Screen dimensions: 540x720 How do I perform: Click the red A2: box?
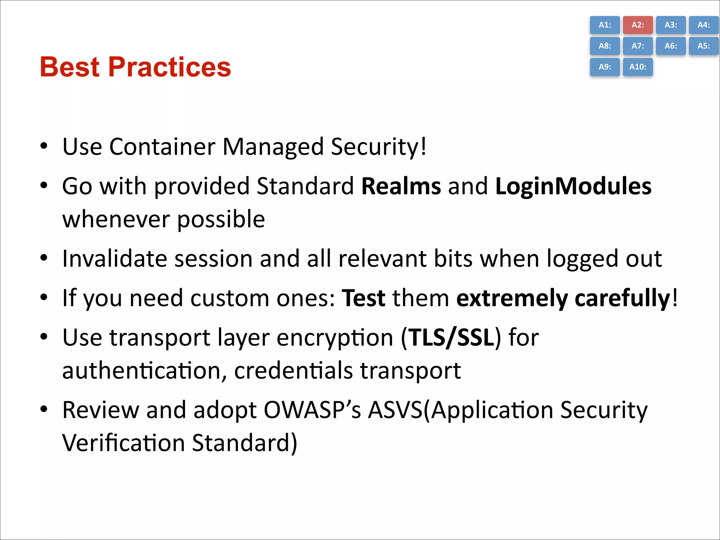[638, 25]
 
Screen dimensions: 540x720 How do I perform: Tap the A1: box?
[605, 25]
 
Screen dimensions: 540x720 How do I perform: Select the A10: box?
[638, 67]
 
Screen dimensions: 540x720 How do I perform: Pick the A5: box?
[703, 46]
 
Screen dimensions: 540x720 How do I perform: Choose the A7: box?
[638, 46]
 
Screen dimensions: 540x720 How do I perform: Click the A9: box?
[605, 67]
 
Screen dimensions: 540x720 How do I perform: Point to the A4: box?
[703, 25]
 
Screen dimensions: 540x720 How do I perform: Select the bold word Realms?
[401, 186]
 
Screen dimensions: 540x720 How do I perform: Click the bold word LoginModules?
[573, 186]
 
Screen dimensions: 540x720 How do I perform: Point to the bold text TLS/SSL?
[451, 338]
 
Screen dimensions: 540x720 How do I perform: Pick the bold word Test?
[363, 298]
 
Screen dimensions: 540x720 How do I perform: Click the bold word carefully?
[622, 298]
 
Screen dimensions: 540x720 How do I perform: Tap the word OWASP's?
[312, 410]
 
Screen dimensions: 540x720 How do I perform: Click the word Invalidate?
[114, 259]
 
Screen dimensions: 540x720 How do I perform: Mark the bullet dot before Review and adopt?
[44, 409]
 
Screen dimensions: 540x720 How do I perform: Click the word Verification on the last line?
[123, 443]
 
